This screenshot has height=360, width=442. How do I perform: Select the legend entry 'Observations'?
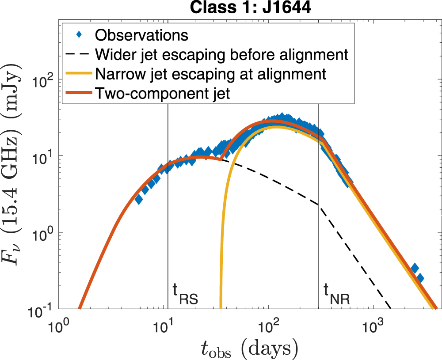(x=141, y=34)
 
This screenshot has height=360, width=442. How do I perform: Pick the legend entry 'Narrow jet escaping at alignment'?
(x=210, y=74)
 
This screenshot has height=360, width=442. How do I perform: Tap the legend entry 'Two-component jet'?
(x=162, y=94)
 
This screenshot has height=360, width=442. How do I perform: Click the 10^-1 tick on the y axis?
(x=45, y=309)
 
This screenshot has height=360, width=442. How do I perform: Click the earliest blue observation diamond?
(x=139, y=199)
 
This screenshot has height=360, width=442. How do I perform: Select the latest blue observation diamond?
(x=420, y=278)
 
